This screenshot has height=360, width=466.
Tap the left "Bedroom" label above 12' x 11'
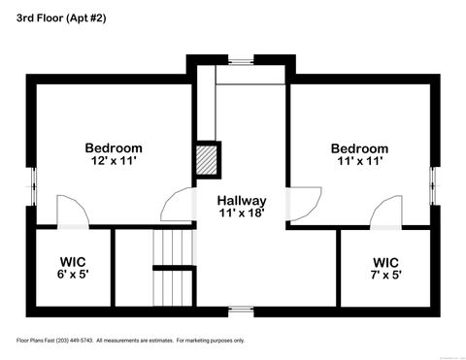coord(113,147)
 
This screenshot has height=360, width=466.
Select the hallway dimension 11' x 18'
coord(242,213)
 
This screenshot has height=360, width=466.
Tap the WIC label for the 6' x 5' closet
coord(74,262)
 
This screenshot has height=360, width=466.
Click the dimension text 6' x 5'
coord(74,275)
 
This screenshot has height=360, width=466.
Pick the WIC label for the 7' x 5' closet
coord(385,262)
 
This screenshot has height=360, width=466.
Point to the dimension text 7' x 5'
coord(385,275)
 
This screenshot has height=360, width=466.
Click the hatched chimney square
coord(208,159)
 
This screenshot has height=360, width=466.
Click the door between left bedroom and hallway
coord(179,206)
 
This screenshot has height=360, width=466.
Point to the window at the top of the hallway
coord(241,61)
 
